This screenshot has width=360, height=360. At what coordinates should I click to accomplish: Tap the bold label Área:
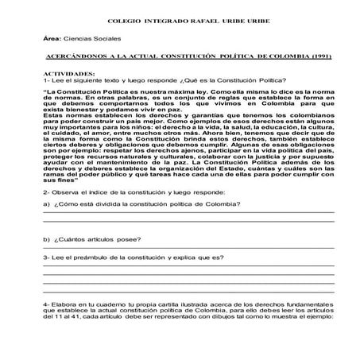point(52,38)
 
